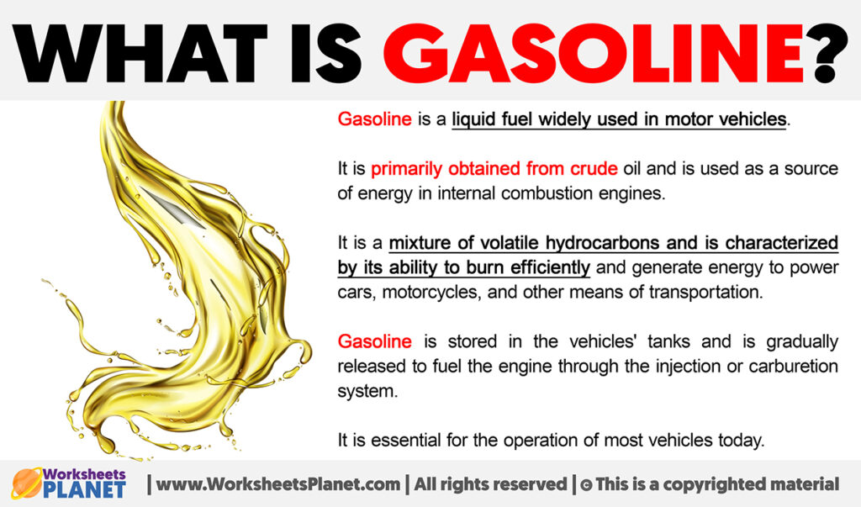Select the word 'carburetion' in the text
(x=792, y=366)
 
